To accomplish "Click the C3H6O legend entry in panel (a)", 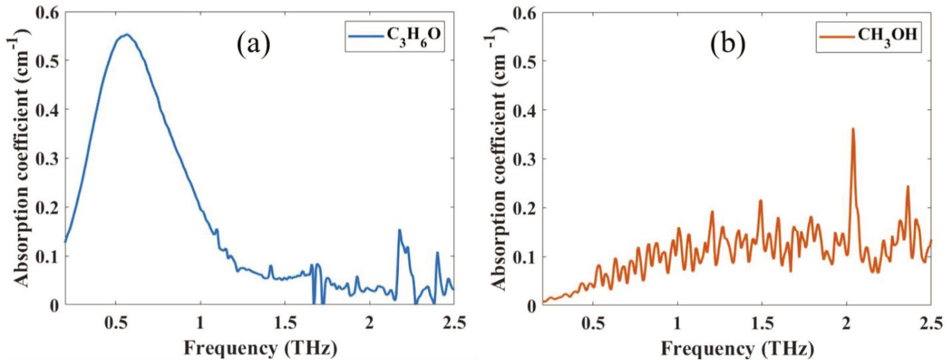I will (395, 36).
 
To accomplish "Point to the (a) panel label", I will (253, 45).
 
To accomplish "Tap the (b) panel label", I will (728, 45).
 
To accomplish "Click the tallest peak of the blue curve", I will (127, 35).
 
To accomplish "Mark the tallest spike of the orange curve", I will (853, 129).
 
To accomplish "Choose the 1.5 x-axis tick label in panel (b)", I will (762, 322).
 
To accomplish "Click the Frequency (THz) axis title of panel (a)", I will (260, 348).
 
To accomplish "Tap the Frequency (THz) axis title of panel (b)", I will (737, 348).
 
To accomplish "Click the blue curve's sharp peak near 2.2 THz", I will (400, 230).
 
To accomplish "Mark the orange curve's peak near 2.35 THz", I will (908, 186).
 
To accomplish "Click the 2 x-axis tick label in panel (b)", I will (846, 322).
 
